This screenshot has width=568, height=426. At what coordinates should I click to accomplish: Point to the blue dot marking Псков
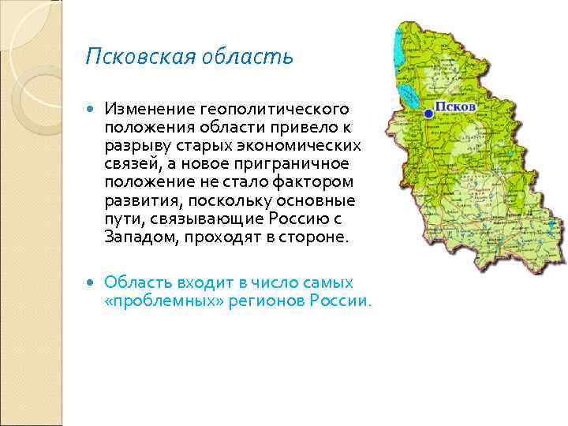pyautogui.click(x=428, y=114)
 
